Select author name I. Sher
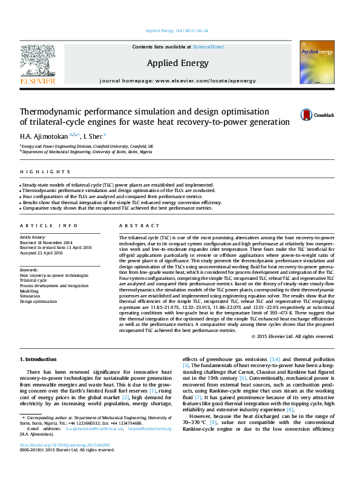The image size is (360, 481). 93,136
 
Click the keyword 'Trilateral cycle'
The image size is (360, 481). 33,280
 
